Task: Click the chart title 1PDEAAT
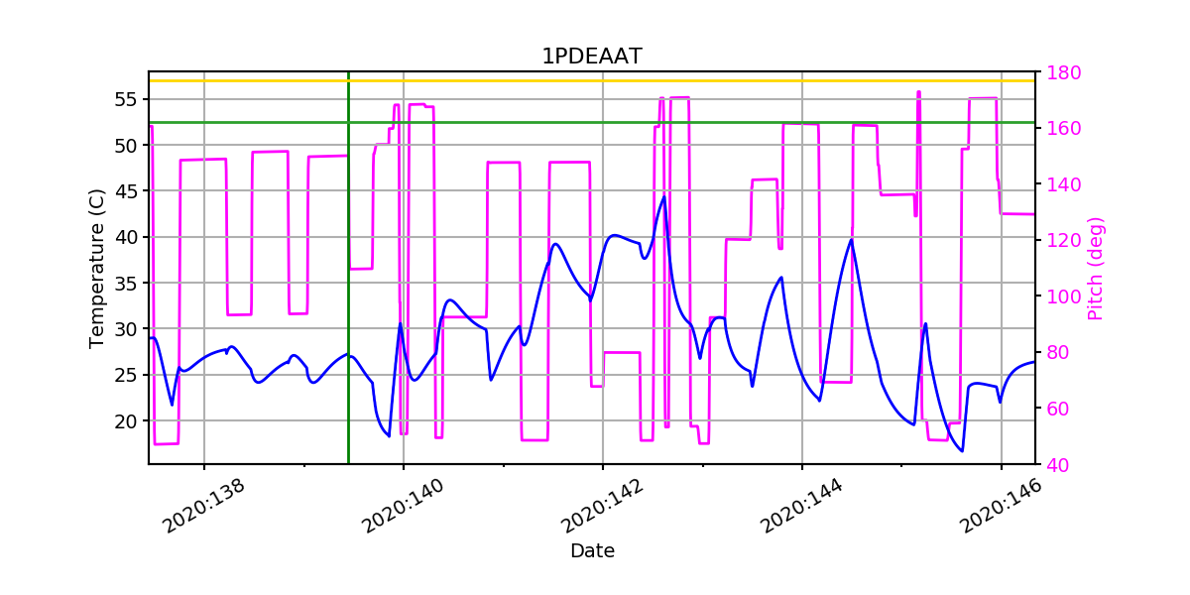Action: [x=591, y=57]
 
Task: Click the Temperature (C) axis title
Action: [x=96, y=268]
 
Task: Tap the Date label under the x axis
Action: [x=591, y=551]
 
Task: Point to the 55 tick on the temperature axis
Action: [x=125, y=99]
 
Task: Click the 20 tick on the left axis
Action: [x=125, y=420]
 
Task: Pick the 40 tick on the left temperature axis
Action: [x=125, y=237]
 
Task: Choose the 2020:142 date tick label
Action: [x=600, y=506]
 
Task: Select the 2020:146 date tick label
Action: [x=999, y=506]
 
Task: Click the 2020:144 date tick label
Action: [x=799, y=506]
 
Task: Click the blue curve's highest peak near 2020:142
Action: [x=663, y=196]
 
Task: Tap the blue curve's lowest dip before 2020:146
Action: [x=961, y=451]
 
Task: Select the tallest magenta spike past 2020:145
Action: [x=918, y=92]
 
